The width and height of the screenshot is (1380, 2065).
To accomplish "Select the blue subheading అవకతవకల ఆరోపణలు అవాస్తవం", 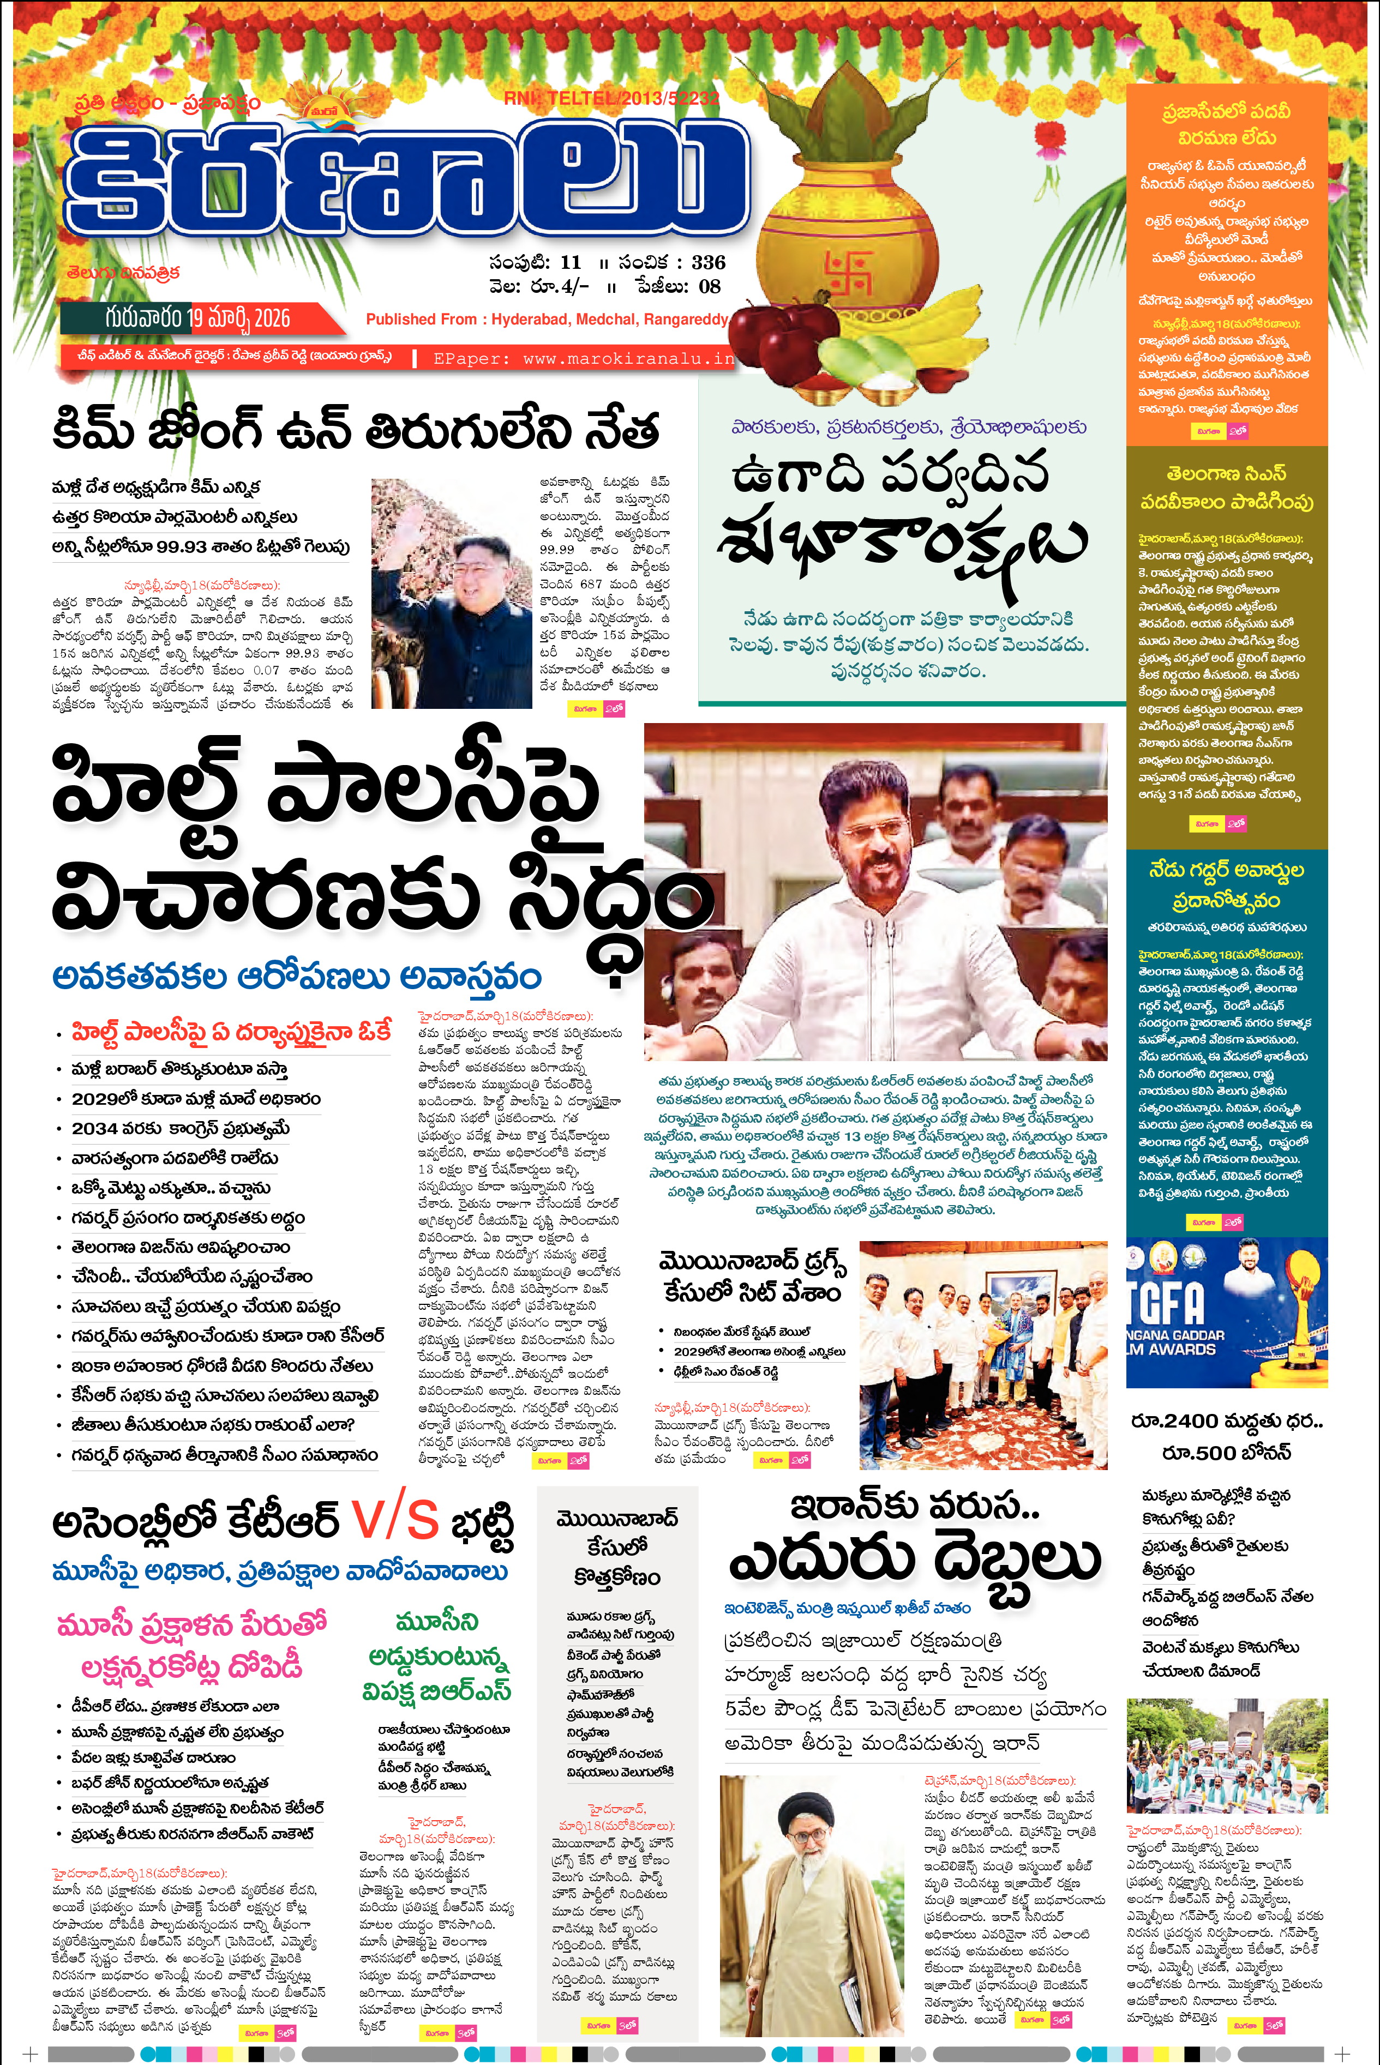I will pyautogui.click(x=297, y=977).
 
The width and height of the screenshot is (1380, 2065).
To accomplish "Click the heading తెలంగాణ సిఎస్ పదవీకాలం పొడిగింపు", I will pyautogui.click(x=1226, y=487).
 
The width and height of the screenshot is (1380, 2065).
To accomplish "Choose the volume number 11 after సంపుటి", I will pyautogui.click(x=571, y=262).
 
